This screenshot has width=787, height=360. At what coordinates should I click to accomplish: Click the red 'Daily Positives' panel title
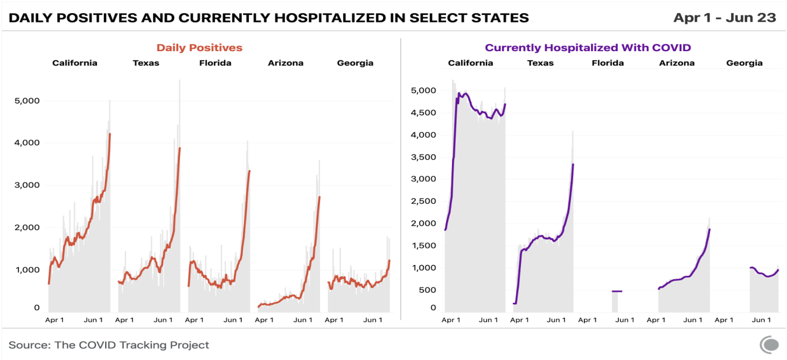[199, 48]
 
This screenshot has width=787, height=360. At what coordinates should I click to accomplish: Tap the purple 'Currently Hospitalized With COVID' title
[587, 48]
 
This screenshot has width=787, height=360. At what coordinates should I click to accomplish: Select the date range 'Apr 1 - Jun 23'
[724, 18]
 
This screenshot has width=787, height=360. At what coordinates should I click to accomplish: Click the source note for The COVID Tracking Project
[109, 345]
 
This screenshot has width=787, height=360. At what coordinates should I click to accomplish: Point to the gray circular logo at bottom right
[770, 345]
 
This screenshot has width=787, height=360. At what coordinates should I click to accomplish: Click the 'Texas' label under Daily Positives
[146, 63]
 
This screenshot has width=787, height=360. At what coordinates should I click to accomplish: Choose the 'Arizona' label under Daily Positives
[286, 63]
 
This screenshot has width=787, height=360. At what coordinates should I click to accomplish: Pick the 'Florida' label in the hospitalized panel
[608, 63]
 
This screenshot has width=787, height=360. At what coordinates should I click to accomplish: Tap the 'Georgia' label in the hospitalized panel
[744, 63]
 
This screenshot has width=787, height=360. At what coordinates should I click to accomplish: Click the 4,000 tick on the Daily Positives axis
[27, 143]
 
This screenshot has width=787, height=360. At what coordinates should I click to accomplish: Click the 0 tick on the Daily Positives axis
[36, 308]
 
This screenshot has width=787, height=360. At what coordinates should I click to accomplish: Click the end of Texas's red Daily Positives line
[179, 149]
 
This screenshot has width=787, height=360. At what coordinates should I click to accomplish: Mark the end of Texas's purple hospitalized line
[573, 165]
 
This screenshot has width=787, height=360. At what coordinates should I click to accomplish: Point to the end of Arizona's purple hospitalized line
[709, 229]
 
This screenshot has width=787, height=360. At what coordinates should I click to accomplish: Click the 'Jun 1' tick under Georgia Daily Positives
[372, 320]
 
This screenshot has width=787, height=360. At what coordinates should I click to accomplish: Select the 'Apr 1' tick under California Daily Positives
[55, 320]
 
